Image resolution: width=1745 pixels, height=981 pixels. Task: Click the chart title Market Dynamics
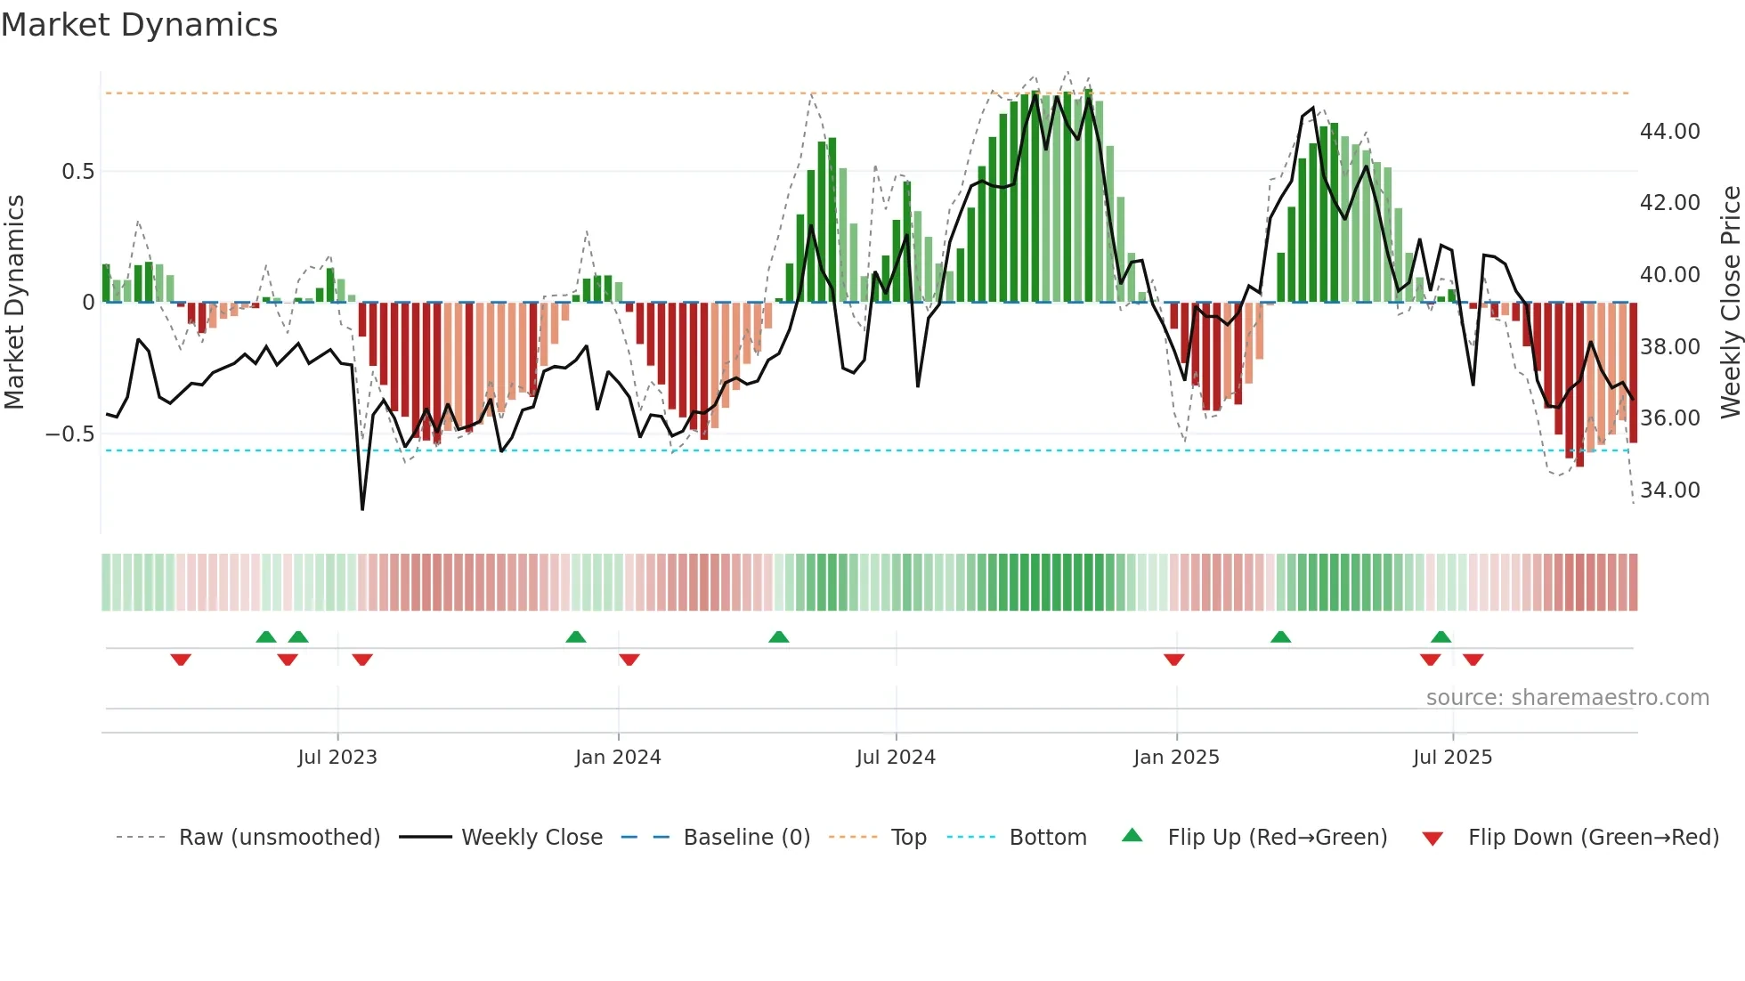[x=139, y=25]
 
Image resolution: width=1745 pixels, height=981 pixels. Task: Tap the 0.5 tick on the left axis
[x=77, y=171]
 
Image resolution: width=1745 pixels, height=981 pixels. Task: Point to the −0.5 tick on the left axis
[x=69, y=434]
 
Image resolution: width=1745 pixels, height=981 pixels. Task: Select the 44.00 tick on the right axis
[x=1669, y=132]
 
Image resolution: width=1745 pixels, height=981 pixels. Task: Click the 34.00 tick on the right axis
[x=1669, y=490]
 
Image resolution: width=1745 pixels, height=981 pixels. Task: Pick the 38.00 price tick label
[x=1669, y=347]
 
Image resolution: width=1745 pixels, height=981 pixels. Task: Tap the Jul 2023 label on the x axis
[x=337, y=758]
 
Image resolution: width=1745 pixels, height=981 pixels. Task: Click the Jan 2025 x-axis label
[x=1176, y=758]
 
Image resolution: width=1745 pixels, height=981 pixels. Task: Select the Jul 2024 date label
[x=896, y=758]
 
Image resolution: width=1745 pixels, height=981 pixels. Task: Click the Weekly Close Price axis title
[x=1730, y=303]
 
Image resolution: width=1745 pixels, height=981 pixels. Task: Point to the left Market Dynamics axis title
[x=14, y=303]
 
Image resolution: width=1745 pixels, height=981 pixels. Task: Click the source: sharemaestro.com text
[x=1567, y=698]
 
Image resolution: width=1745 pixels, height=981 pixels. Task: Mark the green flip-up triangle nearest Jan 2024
[x=576, y=636]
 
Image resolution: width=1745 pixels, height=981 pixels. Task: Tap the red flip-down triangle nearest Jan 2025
[x=1173, y=660]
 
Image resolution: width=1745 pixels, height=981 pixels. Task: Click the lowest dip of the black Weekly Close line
[x=362, y=508]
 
